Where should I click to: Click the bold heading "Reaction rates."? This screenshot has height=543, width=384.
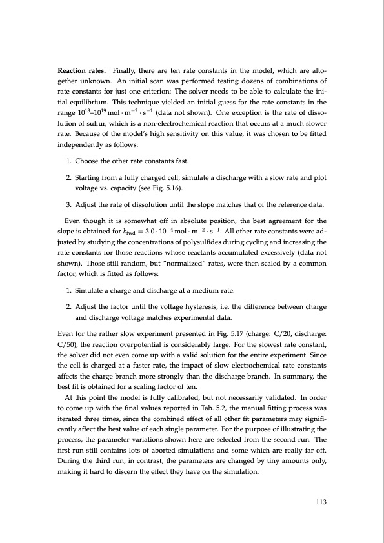(82, 70)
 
